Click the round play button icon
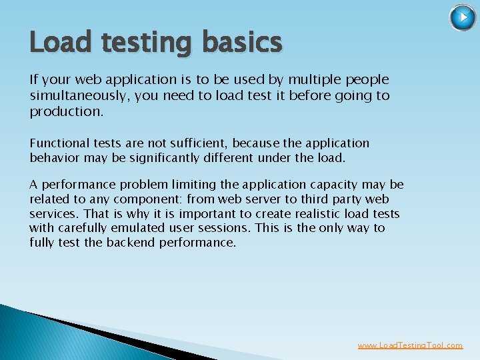(463, 17)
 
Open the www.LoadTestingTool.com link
(410, 345)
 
